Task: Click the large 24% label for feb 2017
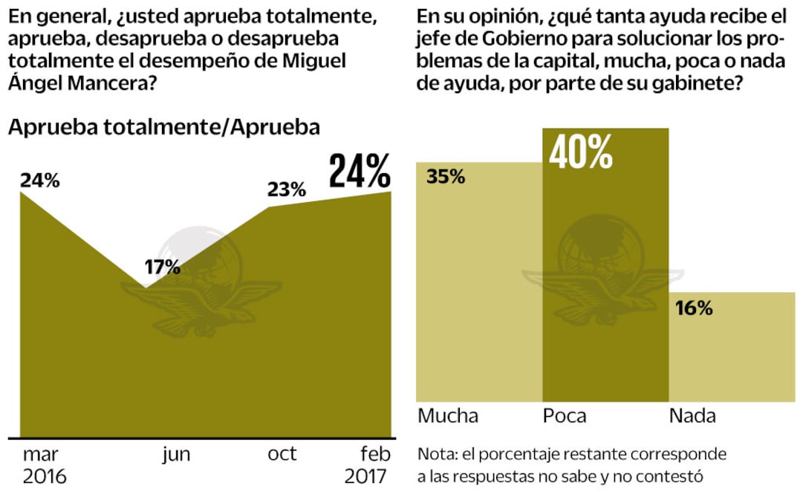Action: pos(360,172)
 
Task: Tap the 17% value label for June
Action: pos(162,267)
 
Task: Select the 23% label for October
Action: pos(286,190)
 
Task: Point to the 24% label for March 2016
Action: pos(40,180)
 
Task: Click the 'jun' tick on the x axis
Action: pos(176,454)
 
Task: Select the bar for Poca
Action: pos(605,297)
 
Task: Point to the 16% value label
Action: pos(695,308)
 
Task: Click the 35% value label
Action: pos(446,177)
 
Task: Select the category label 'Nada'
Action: pos(692,416)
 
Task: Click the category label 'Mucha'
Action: pos(448,416)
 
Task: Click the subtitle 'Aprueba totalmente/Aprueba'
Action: pos(163,127)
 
